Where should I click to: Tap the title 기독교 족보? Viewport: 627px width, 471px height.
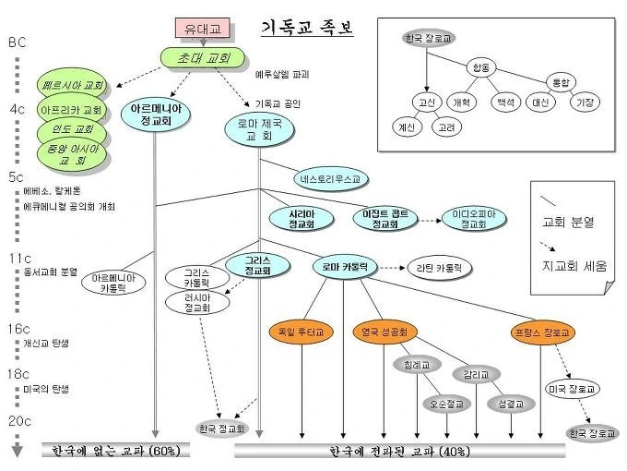click(307, 28)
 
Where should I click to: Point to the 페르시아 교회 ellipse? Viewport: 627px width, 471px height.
click(74, 86)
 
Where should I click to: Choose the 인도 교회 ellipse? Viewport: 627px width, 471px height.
click(72, 129)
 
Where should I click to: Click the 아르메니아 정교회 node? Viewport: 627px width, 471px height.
click(156, 114)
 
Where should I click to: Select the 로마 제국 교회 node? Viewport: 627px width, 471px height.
click(259, 129)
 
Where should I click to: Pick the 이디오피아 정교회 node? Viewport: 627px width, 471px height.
click(473, 219)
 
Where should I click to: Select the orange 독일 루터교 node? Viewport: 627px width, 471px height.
click(300, 331)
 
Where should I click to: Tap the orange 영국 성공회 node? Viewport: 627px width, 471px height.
click(385, 331)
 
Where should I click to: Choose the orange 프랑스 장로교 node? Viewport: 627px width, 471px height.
click(543, 332)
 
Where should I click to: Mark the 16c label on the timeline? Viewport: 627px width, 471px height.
click(19, 329)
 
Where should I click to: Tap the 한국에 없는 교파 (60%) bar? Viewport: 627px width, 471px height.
click(115, 451)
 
